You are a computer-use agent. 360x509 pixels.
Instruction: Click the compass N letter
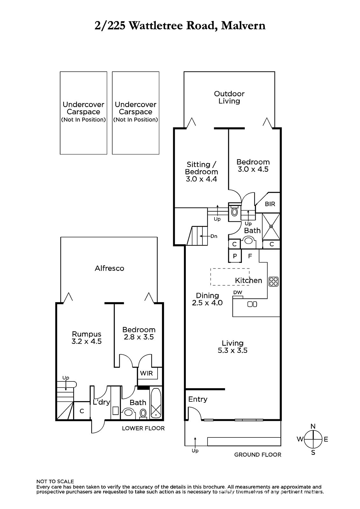tap(313, 427)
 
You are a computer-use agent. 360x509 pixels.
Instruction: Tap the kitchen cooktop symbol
tap(273, 282)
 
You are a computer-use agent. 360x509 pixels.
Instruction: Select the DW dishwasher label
tap(238, 292)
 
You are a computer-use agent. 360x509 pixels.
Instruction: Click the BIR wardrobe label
tap(270, 204)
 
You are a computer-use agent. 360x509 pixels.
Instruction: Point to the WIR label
tap(146, 373)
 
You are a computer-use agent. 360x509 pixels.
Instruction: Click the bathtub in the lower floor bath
tap(156, 403)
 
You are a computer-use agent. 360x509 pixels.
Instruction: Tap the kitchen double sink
tap(252, 304)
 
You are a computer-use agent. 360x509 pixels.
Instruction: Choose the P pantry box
tap(235, 256)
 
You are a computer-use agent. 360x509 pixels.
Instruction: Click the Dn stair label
tap(214, 236)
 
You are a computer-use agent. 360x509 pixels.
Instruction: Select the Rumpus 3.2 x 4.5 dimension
tap(86, 341)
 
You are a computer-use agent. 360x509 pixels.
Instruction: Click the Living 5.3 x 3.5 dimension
tap(232, 350)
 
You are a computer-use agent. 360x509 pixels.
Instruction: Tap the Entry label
tap(198, 399)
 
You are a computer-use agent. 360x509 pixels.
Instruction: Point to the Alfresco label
tap(109, 268)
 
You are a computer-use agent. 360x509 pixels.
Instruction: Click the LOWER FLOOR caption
tap(143, 428)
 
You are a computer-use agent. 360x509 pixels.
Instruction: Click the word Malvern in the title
tap(243, 25)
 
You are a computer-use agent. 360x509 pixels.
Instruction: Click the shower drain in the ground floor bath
tap(271, 227)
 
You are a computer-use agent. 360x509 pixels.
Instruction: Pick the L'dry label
tap(101, 402)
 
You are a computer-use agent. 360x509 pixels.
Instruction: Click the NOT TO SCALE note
tap(55, 482)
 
